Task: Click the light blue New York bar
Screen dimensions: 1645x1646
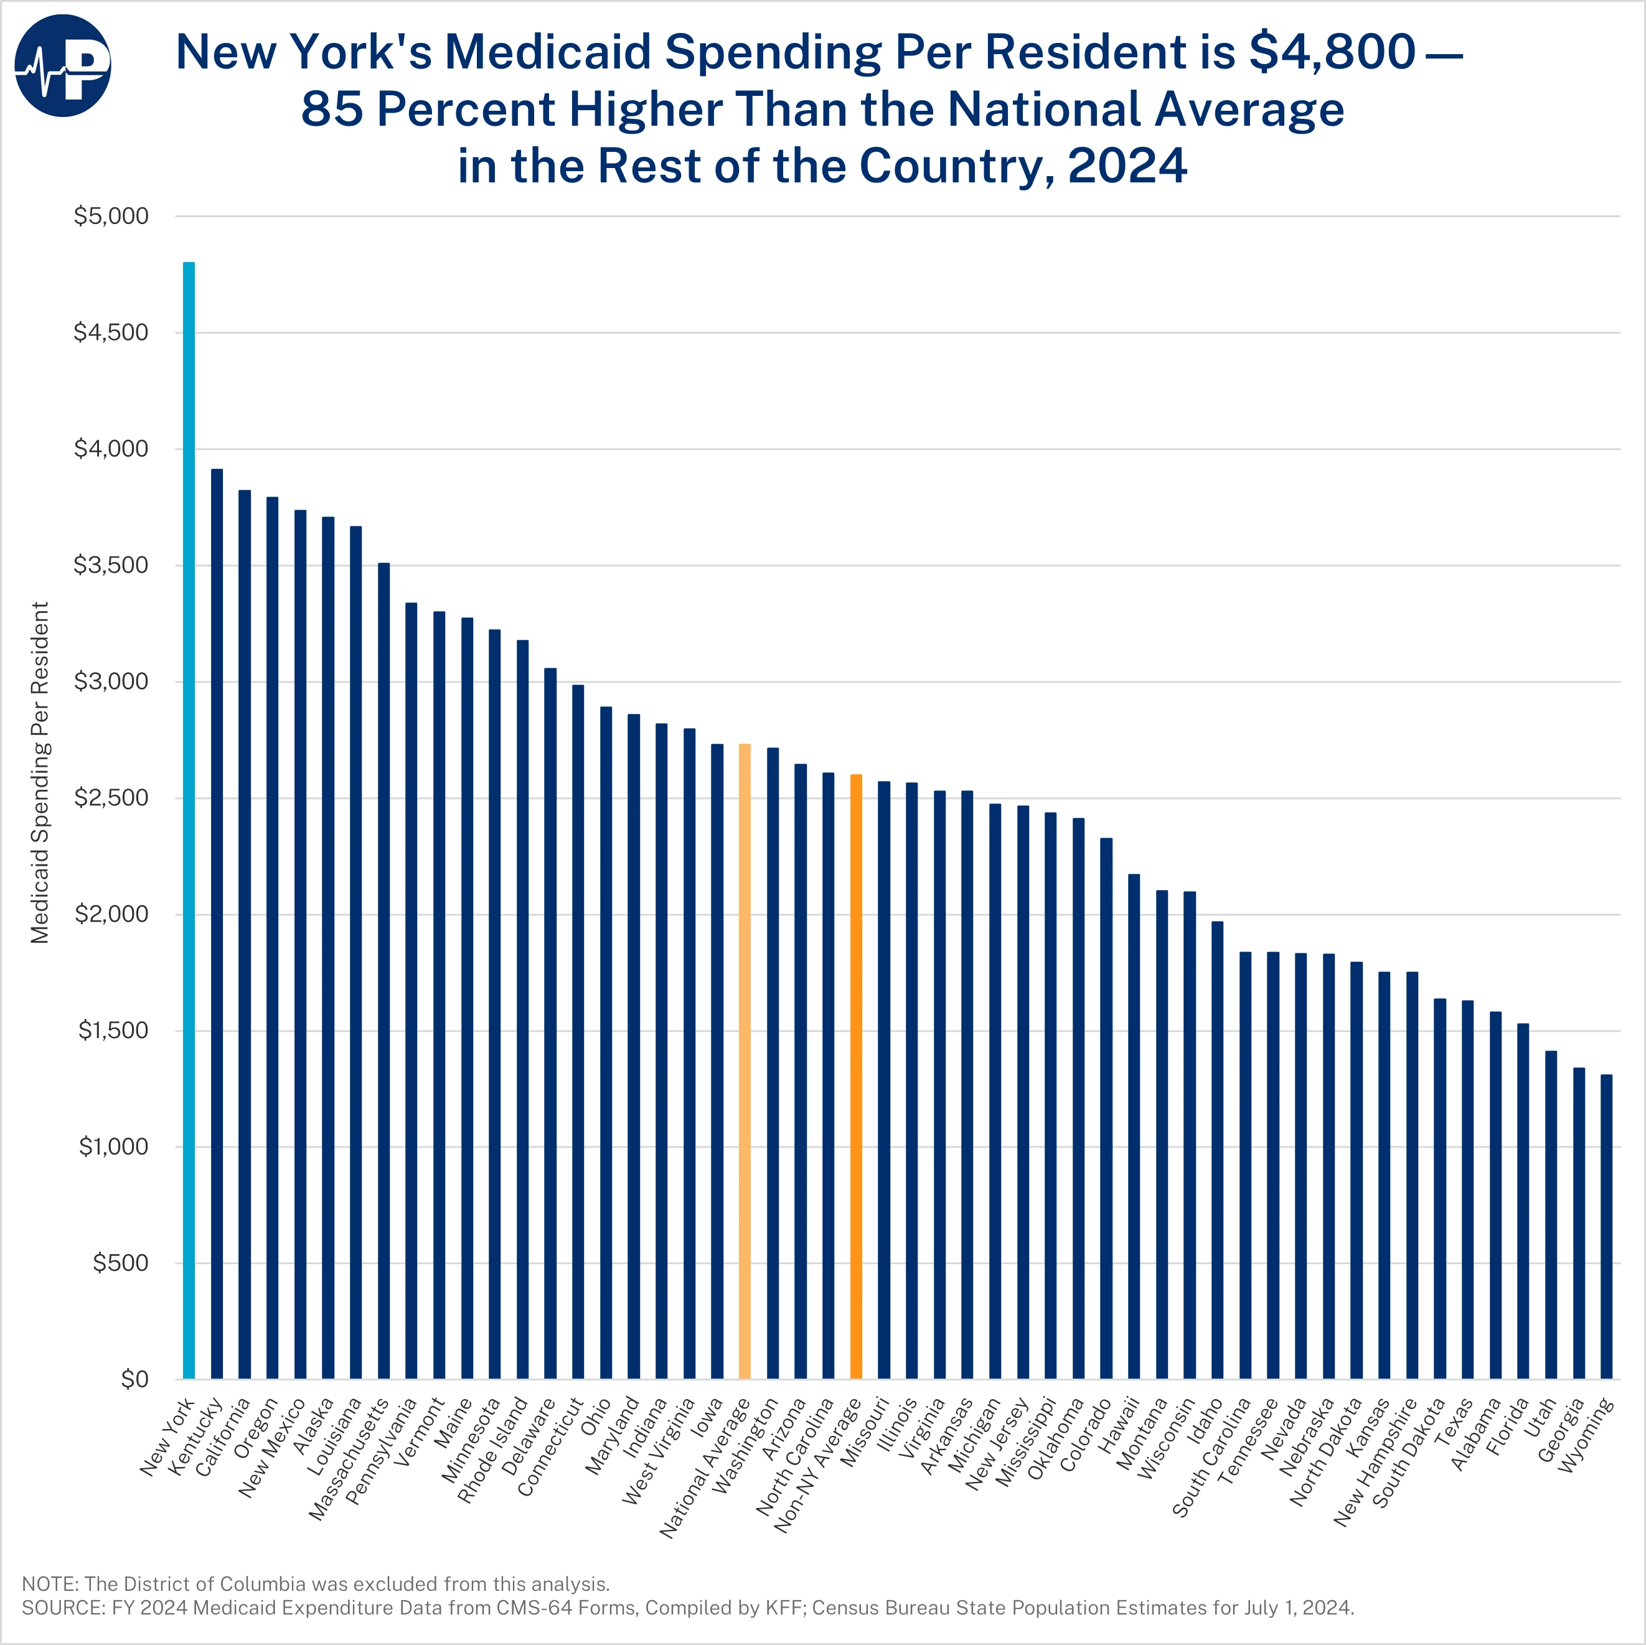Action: click(x=189, y=818)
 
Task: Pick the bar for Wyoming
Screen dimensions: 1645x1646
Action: click(x=1606, y=1226)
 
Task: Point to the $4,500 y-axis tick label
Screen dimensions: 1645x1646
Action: click(x=111, y=332)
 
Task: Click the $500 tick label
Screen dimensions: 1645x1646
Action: click(x=120, y=1262)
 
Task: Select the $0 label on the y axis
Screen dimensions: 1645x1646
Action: click(x=134, y=1379)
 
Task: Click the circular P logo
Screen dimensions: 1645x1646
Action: click(x=63, y=65)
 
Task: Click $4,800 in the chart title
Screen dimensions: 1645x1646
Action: click(x=1332, y=53)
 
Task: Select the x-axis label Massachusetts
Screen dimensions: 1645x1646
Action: click(x=347, y=1458)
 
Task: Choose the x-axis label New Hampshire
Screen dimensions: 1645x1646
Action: click(x=1374, y=1462)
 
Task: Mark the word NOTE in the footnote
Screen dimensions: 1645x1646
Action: click(x=49, y=1583)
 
